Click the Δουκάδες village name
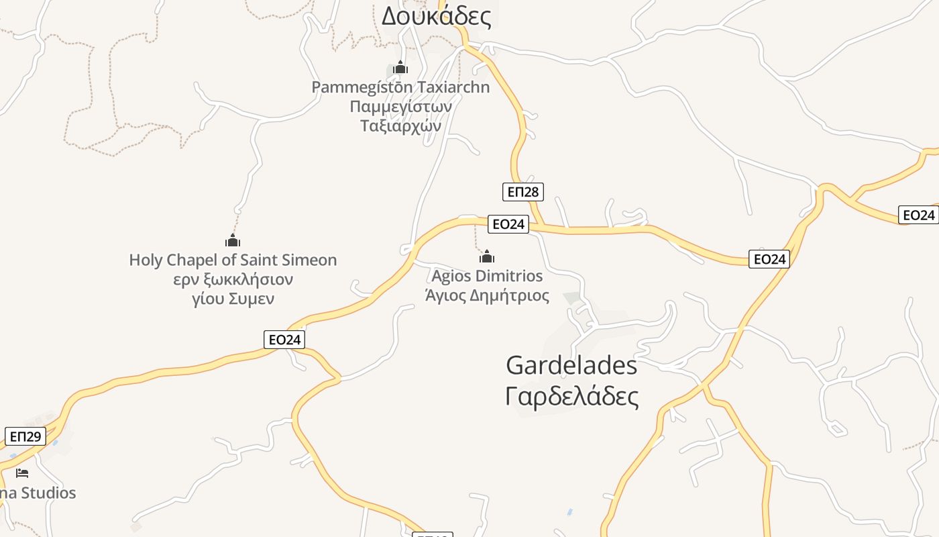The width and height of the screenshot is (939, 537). tap(436, 16)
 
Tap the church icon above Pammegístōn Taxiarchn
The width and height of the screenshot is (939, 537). tap(400, 68)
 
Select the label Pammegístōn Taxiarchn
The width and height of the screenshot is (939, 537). tap(400, 87)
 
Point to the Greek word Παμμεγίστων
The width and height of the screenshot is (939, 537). tap(400, 107)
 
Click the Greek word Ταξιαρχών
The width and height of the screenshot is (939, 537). tap(400, 126)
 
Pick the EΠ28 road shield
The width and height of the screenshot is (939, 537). tap(522, 192)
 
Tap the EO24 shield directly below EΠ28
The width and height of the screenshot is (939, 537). tap(508, 224)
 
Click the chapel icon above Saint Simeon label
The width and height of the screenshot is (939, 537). tap(233, 240)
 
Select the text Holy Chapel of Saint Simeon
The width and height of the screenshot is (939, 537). tap(233, 260)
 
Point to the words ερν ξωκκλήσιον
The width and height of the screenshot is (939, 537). tap(233, 279)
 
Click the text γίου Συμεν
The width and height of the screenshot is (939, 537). tap(233, 299)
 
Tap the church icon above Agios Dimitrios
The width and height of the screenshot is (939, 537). tap(487, 256)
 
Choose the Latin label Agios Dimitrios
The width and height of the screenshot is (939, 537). tap(487, 276)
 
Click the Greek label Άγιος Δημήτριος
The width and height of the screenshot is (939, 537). tap(487, 295)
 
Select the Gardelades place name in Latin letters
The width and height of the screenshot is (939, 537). tap(571, 366)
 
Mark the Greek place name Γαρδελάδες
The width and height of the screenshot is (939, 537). tap(571, 396)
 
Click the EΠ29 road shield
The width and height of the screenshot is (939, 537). tap(25, 436)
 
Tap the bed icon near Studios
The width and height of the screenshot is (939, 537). tap(22, 473)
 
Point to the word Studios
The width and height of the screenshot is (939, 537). tap(48, 493)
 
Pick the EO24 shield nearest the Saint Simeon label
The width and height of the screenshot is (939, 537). tap(284, 340)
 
